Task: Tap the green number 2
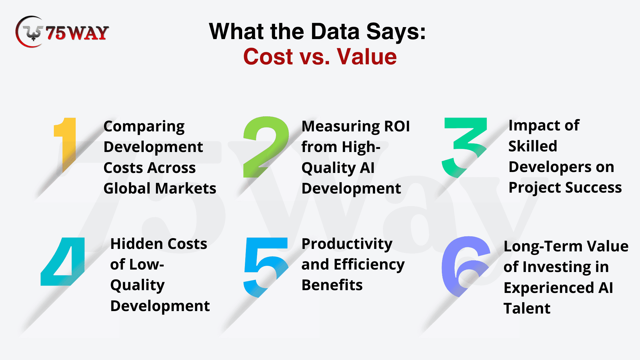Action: point(266,147)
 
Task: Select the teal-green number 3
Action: point(465,147)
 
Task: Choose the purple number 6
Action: point(466,266)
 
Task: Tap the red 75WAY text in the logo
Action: point(77,33)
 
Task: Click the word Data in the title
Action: point(335,31)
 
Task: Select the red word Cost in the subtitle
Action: point(268,57)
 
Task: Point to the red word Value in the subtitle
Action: point(367,57)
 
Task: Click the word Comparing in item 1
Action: point(144,127)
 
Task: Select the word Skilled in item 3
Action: point(533,146)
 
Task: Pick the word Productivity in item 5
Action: point(347,244)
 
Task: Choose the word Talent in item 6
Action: point(527,308)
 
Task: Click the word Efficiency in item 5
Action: point(369,265)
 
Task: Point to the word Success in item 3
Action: point(594,187)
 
